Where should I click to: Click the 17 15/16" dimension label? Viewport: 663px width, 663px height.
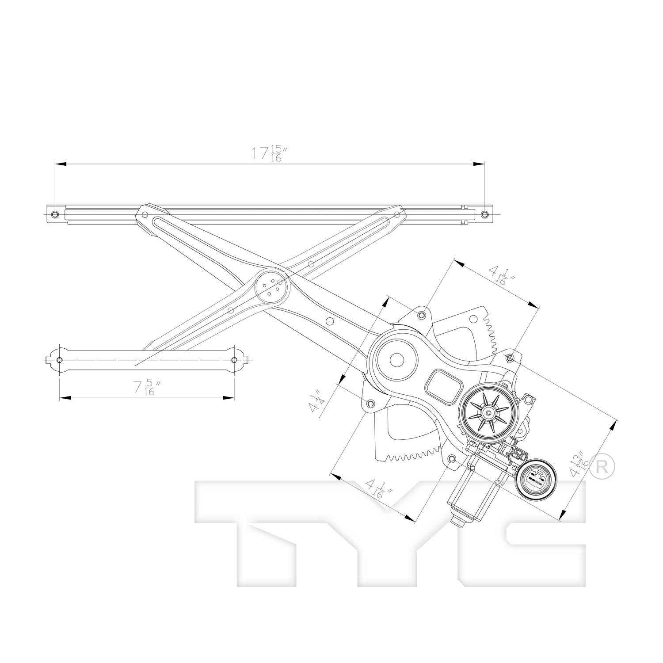pos(267,153)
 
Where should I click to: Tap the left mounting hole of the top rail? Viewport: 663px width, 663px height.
pos(55,214)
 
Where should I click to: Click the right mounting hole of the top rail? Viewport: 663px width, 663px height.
pos(484,214)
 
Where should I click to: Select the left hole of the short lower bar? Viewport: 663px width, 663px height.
pos(60,360)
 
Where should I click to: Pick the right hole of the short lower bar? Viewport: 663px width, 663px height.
pos(234,360)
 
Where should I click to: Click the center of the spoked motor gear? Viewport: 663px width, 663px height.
pos(488,413)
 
